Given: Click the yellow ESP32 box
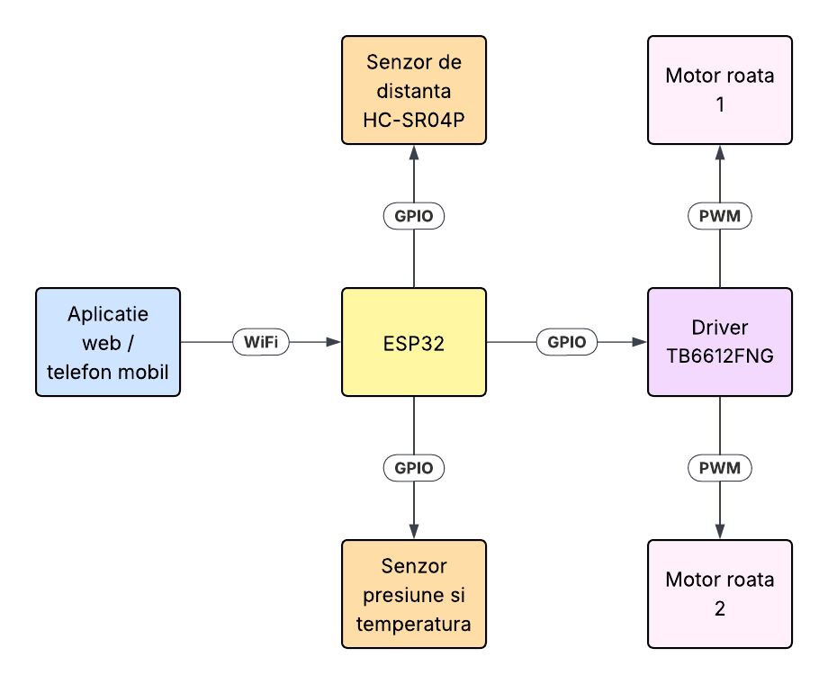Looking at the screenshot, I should point(414,342).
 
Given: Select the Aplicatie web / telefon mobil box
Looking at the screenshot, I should point(108,342).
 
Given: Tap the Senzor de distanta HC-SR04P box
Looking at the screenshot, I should point(414,90).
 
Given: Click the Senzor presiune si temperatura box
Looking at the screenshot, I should point(414,594).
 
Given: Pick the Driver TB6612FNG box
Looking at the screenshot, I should point(720,342).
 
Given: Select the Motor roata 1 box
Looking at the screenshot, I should point(720,90).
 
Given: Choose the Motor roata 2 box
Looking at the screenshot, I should point(720,594).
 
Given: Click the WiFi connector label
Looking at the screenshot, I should point(261,342).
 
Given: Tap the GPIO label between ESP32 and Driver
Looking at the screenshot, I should point(567,342).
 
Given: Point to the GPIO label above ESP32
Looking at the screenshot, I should point(414,216).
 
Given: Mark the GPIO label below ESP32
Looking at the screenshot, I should point(414,468).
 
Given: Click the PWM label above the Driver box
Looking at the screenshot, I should point(720,216).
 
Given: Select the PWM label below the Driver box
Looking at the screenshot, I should point(720,468).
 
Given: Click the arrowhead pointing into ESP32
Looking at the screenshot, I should point(334,342).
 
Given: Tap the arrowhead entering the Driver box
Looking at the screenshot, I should point(640,342).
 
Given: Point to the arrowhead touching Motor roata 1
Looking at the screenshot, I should point(720,152).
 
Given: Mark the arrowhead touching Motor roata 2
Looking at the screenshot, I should point(720,532).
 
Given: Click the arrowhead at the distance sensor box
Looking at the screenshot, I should point(414,152).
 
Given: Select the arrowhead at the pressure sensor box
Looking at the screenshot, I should point(414,532).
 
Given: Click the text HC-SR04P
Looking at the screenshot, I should point(414,119).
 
